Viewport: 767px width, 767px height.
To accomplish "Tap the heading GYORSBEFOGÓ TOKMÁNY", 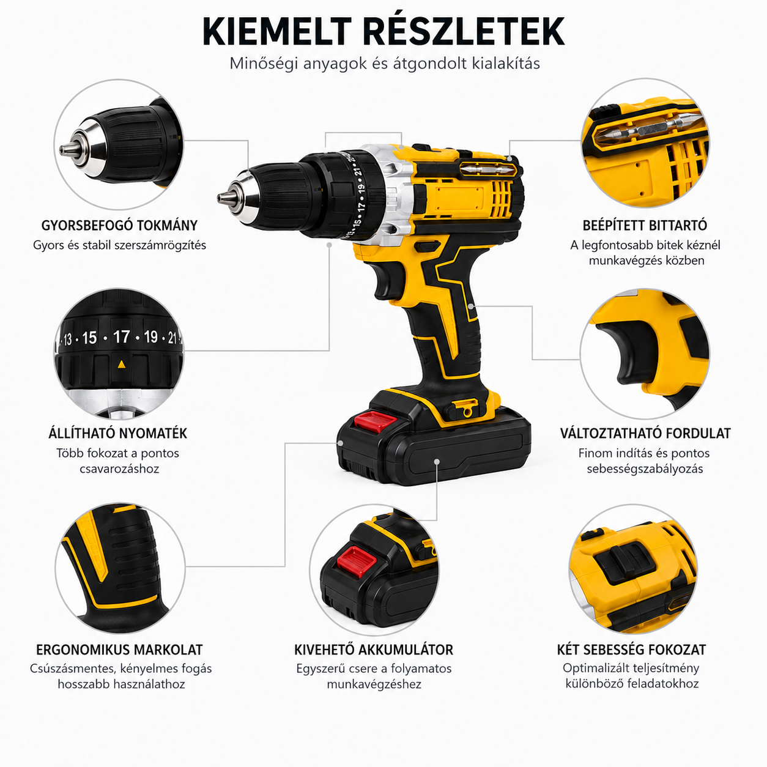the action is [x=119, y=226].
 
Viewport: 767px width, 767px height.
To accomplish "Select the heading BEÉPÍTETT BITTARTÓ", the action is [x=645, y=225].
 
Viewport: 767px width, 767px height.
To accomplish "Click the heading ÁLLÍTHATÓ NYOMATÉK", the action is [x=118, y=433].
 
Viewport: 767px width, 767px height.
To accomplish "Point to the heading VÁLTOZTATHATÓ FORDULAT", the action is [x=645, y=433].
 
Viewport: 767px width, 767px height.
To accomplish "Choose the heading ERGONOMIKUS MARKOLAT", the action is [x=119, y=650].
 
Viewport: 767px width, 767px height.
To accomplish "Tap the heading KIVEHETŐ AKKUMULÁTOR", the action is [x=374, y=650].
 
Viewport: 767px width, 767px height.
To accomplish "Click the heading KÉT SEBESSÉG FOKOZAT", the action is [x=632, y=650].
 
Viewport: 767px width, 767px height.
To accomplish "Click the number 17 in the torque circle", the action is [x=121, y=337].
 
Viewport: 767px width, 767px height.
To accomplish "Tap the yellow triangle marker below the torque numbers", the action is [x=122, y=364].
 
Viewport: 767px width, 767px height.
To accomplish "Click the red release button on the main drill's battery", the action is [x=376, y=422].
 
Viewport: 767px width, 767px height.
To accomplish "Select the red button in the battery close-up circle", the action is [x=357, y=561].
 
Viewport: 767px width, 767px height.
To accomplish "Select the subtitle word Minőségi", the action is [x=264, y=63].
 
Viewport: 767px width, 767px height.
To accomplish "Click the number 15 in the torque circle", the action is [x=89, y=338].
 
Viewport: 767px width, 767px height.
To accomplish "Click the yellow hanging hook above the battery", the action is [x=465, y=409].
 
